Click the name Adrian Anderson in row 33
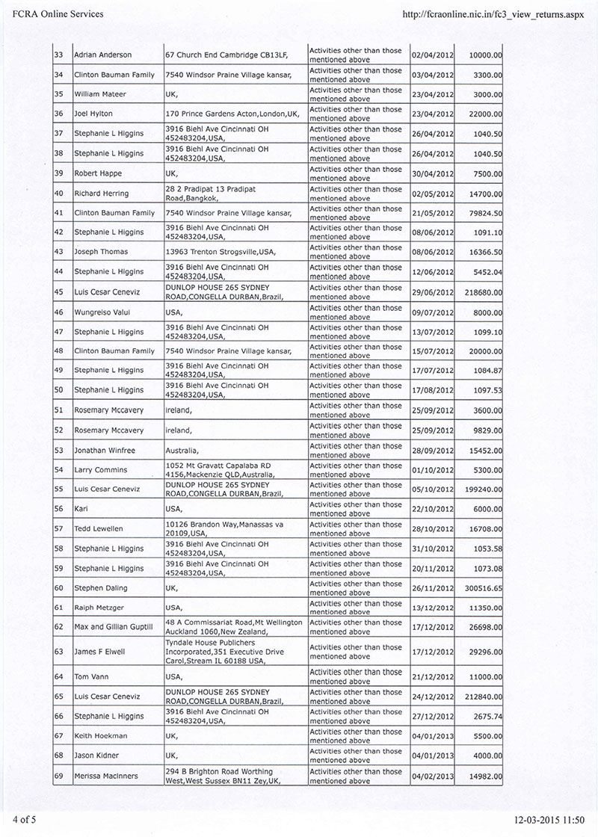coord(103,55)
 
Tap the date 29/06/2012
coord(432,291)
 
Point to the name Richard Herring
coord(102,194)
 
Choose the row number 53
coord(59,450)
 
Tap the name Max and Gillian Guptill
coord(114,627)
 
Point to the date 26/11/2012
coord(432,589)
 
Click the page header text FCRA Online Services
coord(53,13)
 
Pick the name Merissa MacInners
coord(107,776)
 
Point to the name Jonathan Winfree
coord(105,450)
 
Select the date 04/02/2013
coord(432,776)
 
